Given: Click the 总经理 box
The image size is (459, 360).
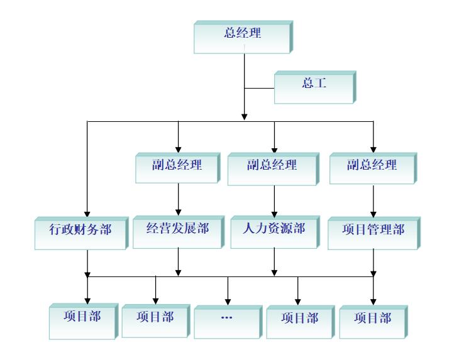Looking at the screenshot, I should pyautogui.click(x=242, y=36).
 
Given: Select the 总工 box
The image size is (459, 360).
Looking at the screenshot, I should pyautogui.click(x=314, y=86).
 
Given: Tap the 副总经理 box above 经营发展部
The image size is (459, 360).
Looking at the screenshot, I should pyautogui.click(x=177, y=167).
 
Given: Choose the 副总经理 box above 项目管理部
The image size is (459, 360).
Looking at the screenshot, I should pyautogui.click(x=372, y=167).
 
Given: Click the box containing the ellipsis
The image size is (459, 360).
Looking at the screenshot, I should pyautogui.click(x=226, y=321).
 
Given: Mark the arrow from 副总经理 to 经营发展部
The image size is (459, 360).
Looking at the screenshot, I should pyautogui.click(x=179, y=199).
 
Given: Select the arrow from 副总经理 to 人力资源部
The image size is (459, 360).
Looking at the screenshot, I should pyautogui.click(x=274, y=200).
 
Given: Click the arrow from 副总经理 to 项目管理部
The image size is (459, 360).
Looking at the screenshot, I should pyautogui.click(x=373, y=200).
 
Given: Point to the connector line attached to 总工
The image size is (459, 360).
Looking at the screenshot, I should pyautogui.click(x=259, y=88).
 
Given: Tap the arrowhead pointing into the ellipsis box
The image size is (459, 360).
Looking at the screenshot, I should pyautogui.click(x=228, y=302).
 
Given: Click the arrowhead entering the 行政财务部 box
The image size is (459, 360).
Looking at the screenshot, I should pyautogui.click(x=87, y=213).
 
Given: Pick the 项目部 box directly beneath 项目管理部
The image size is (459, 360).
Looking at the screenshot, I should pyautogui.click(x=372, y=321).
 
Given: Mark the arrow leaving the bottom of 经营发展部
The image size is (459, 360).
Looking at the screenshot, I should pyautogui.click(x=179, y=261).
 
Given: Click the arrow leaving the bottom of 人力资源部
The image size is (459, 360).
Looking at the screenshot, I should pyautogui.click(x=274, y=261).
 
